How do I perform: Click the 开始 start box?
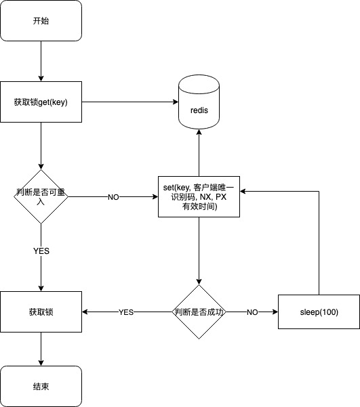click(x=41, y=20)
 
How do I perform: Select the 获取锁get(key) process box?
click(x=41, y=102)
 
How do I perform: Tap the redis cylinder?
click(x=199, y=102)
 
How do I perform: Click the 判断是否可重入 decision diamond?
click(x=41, y=197)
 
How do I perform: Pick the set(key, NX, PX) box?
click(x=199, y=197)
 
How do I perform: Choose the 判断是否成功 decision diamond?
click(x=199, y=312)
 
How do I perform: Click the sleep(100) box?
click(x=319, y=312)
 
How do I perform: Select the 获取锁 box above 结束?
click(x=41, y=312)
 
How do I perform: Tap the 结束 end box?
click(x=41, y=386)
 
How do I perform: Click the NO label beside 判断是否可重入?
click(x=113, y=197)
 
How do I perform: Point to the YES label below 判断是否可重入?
click(x=41, y=251)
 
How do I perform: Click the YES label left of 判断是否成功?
click(x=126, y=312)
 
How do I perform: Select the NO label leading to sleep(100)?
click(x=252, y=312)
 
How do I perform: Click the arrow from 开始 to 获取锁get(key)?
click(x=41, y=61)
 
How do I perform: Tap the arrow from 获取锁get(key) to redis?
click(x=130, y=102)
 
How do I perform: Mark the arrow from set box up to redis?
click(x=199, y=152)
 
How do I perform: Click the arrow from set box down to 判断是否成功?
click(x=199, y=251)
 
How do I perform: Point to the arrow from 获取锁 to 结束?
click(x=41, y=349)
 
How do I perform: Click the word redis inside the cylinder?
click(x=199, y=110)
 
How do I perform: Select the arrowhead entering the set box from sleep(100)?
click(x=243, y=191)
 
